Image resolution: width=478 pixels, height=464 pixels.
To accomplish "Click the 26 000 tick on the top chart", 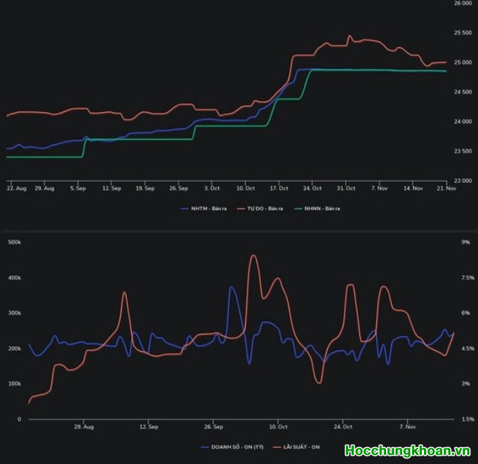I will point(462,4).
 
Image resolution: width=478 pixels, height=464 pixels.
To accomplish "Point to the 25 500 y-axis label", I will point(462,33).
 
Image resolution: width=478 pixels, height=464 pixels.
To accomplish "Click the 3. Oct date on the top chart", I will point(212,189).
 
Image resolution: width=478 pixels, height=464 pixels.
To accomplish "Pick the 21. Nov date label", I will point(446,189).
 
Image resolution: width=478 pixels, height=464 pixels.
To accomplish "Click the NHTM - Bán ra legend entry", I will point(200,208).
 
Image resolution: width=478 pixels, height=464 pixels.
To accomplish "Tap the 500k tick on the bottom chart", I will point(14,243).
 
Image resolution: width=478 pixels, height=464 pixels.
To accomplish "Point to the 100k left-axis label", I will point(14,384).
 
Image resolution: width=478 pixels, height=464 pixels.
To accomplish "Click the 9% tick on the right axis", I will point(465,243).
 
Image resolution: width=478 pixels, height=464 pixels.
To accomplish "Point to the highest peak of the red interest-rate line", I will point(253,256).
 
